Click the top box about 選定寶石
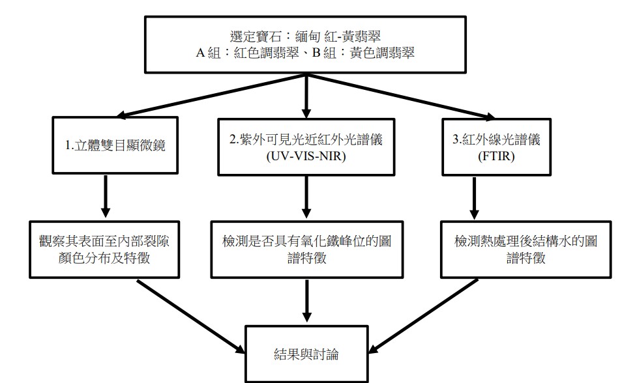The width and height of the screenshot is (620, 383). (306, 42)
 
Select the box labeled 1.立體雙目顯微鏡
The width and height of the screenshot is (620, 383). (115, 145)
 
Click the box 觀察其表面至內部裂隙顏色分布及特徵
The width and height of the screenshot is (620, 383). (104, 249)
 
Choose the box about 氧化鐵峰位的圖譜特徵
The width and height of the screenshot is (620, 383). (306, 249)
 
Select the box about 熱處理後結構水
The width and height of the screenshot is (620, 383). (526, 249)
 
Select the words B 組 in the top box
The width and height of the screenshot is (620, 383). (325, 53)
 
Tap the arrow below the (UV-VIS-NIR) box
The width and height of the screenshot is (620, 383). (306, 198)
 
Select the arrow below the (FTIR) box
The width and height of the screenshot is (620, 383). (474, 197)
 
